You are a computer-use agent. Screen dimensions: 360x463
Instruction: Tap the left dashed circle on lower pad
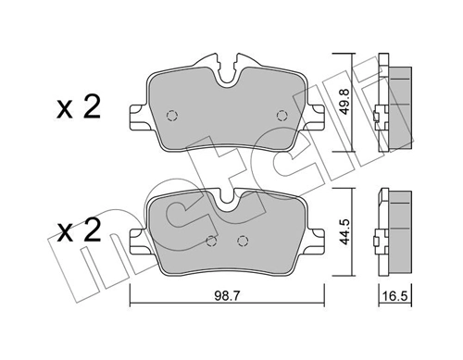(210, 242)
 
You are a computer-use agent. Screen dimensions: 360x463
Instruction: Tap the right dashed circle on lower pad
(244, 242)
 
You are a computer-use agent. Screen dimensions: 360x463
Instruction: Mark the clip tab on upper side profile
(374, 118)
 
